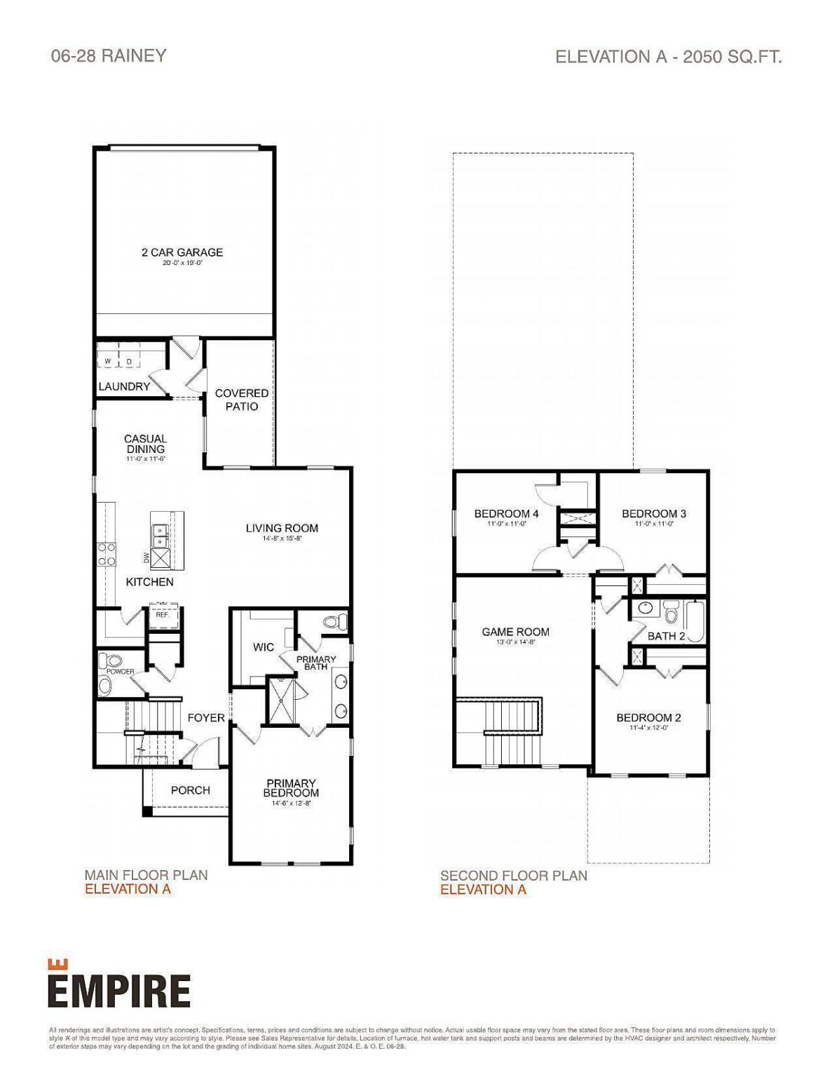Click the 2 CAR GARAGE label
click(182, 252)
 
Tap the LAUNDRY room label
click(124, 386)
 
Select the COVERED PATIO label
click(241, 400)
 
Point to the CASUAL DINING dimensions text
click(146, 459)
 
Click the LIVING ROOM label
click(282, 528)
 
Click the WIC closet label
click(264, 647)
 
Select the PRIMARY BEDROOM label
click(291, 787)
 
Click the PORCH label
click(191, 790)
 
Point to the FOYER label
click(206, 717)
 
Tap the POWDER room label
click(120, 672)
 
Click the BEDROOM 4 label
click(506, 513)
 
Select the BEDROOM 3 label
click(654, 513)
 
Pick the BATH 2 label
click(666, 636)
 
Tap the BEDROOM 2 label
click(648, 717)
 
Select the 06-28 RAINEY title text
click(109, 56)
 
